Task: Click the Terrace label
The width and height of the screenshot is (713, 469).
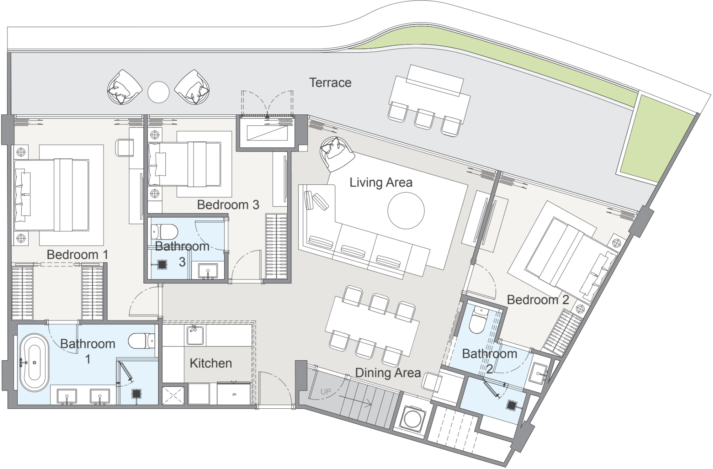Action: [x=330, y=83]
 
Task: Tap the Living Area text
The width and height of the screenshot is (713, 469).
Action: [x=381, y=182]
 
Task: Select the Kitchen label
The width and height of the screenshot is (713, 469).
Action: [x=211, y=363]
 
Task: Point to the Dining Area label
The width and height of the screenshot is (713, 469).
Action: [x=388, y=373]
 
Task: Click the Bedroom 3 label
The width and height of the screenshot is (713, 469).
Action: [x=228, y=205]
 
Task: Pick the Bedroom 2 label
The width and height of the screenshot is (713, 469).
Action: [x=538, y=300]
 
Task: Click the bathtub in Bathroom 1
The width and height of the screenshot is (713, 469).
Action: [x=34, y=363]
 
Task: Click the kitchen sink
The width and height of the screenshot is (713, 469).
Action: [x=195, y=335]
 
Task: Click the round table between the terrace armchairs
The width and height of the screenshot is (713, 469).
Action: [x=158, y=92]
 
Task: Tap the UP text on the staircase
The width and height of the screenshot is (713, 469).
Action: [x=326, y=392]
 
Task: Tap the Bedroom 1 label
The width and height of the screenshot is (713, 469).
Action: [x=77, y=255]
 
